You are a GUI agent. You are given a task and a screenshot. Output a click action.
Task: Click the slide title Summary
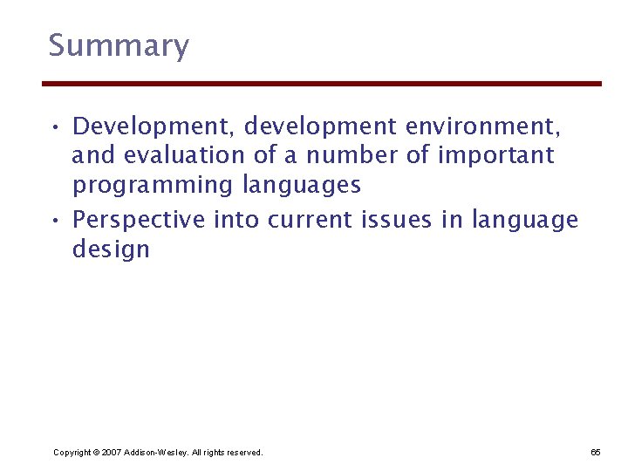tap(118, 46)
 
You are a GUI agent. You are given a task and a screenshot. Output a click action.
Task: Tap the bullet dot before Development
tap(55, 128)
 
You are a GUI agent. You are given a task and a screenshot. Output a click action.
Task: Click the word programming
tap(152, 186)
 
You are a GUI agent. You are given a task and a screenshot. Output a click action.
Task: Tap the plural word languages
tap(302, 186)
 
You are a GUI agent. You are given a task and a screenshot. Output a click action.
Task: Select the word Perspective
tap(140, 221)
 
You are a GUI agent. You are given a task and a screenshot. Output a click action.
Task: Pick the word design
tap(111, 250)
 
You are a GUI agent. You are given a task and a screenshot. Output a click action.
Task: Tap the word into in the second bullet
tap(236, 221)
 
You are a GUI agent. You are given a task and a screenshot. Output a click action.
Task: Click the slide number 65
tap(596, 453)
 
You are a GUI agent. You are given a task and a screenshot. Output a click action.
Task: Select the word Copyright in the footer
tap(72, 453)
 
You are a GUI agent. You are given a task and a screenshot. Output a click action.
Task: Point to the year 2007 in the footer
tap(112, 453)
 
